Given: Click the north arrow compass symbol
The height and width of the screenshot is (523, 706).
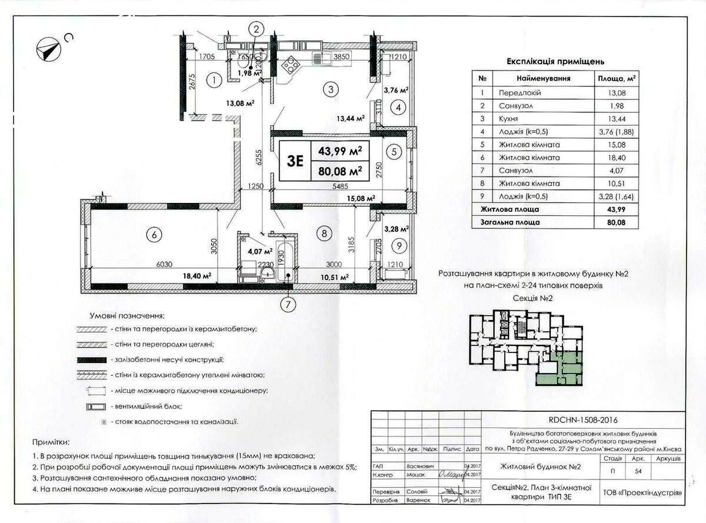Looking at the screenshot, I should pyautogui.click(x=49, y=47).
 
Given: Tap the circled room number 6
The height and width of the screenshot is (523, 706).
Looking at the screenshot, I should pyautogui.click(x=154, y=235).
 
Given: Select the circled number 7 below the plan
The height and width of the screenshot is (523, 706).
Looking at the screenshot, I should pyautogui.click(x=288, y=305).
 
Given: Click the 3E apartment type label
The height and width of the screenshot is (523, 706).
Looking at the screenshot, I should pyautogui.click(x=296, y=161).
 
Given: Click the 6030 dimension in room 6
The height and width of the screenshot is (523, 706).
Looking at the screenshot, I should pyautogui.click(x=164, y=264).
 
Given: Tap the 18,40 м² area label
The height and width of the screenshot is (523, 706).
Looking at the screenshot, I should pyautogui.click(x=197, y=275).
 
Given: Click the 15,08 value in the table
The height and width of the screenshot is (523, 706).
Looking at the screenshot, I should pyautogui.click(x=617, y=145).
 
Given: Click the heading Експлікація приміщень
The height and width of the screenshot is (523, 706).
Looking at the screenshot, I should pyautogui.click(x=555, y=61).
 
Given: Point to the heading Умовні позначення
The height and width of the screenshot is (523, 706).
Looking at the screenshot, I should pyautogui.click(x=126, y=316).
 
